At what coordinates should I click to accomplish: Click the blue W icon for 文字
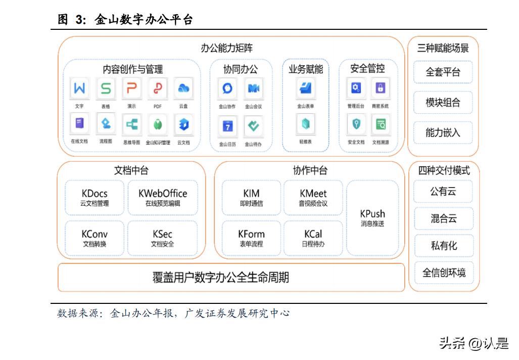pos(79,89)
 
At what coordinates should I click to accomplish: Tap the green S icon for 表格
pos(106,89)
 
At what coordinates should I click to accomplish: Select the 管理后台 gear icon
pos(356,89)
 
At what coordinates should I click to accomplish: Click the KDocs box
pos(95,198)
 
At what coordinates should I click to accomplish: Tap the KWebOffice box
pos(162,198)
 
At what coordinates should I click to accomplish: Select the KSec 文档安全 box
pos(162,238)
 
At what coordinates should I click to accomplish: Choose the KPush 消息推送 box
pos(372,218)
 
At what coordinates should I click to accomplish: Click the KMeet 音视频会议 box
pos(313,198)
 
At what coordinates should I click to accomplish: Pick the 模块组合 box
pos(443,103)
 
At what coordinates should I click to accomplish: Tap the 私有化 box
pos(444,245)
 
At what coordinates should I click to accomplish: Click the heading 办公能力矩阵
pos(226,49)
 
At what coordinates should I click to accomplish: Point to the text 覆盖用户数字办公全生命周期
pos(221,278)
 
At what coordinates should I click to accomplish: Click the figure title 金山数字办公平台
pos(144,20)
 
